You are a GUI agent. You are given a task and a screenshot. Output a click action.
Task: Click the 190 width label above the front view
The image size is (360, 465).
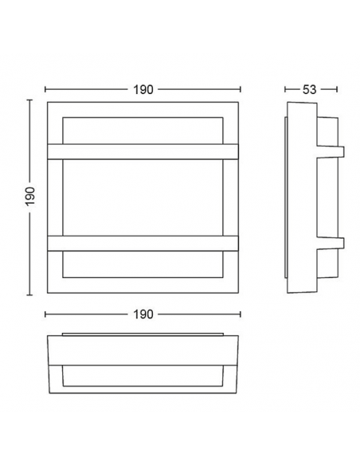pos(143,89)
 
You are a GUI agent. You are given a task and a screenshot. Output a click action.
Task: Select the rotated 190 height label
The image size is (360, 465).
pos(30,196)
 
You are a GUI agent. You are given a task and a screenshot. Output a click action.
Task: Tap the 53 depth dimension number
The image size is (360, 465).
pos(312,89)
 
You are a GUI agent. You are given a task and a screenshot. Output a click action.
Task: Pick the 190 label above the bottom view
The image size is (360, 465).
pos(143,315)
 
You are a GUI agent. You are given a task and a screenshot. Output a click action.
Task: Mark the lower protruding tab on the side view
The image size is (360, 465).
pos(339,243)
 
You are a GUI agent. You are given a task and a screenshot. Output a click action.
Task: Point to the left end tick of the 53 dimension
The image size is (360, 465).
pos(286,89)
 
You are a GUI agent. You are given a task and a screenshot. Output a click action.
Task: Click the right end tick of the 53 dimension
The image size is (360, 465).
pos(338,89)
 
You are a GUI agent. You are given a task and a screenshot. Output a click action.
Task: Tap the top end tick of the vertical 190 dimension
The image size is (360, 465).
pos(30,100)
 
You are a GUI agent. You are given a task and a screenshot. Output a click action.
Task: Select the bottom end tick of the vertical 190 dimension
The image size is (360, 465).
pos(30,292)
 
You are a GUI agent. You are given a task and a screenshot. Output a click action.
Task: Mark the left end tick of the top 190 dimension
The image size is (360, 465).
pos(45,89)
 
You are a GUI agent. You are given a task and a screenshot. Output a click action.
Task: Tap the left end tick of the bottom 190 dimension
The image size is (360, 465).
pos(45,315)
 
